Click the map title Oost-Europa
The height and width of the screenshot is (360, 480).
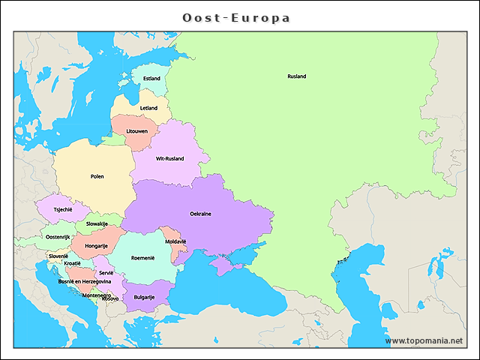click(x=237, y=17)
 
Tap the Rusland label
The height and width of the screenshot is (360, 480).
click(x=296, y=76)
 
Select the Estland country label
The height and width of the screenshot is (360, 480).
click(x=151, y=79)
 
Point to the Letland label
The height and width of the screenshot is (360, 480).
click(x=148, y=108)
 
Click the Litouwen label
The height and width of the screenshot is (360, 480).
click(x=136, y=132)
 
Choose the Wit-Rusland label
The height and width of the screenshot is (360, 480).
click(x=169, y=159)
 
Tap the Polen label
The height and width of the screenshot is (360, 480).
click(x=97, y=177)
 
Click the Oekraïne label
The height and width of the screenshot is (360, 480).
click(x=200, y=214)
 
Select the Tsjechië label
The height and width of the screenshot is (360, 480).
click(x=63, y=210)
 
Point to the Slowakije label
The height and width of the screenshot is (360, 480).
click(x=97, y=223)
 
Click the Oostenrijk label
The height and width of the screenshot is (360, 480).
click(x=58, y=237)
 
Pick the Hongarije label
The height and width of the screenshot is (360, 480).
click(x=96, y=246)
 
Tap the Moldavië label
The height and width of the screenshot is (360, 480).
click(x=175, y=241)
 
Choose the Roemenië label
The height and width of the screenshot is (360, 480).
click(x=142, y=258)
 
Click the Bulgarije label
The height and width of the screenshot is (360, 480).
click(x=144, y=297)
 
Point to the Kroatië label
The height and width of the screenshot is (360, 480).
click(x=73, y=264)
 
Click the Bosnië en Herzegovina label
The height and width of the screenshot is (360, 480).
click(x=85, y=281)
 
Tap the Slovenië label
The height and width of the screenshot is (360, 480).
click(x=58, y=256)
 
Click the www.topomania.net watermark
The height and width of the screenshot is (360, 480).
click(x=424, y=340)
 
